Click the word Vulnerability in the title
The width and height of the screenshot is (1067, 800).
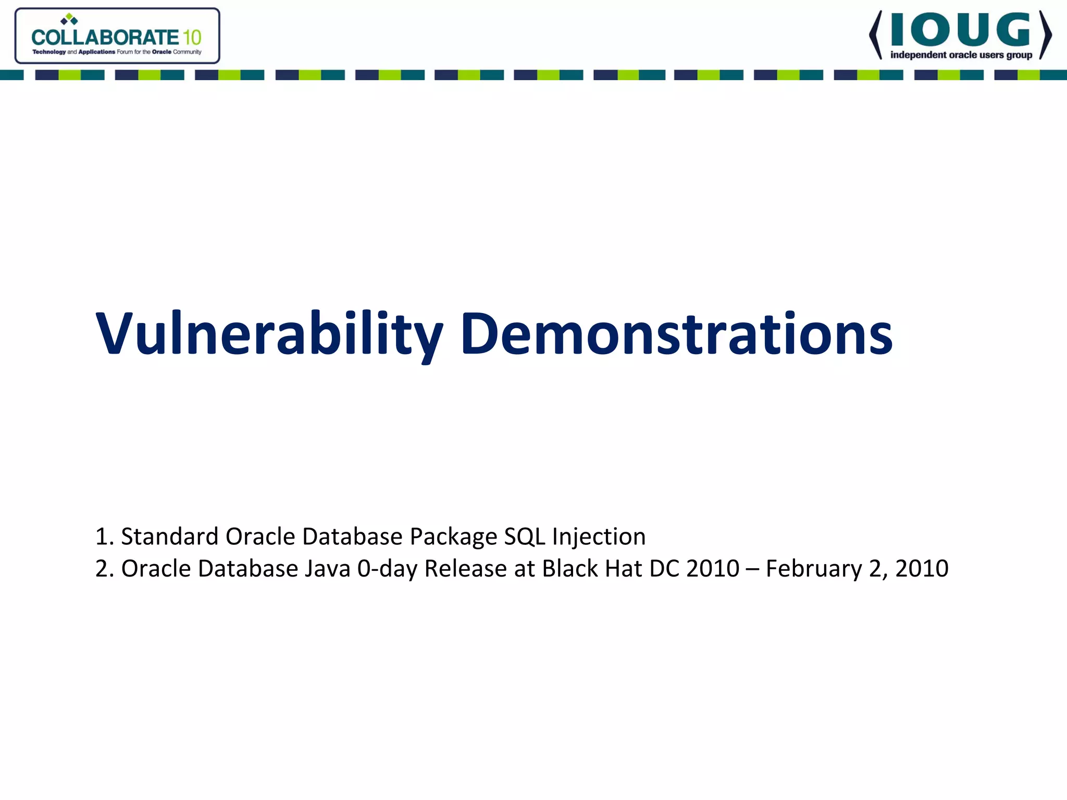point(269,333)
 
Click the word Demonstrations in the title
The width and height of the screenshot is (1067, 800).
point(676,333)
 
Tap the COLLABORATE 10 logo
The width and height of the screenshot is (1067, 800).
point(117,36)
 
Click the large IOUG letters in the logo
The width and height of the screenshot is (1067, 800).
point(960,30)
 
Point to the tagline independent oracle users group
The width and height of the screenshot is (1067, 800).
point(961,55)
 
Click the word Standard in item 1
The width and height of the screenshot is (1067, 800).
point(170,536)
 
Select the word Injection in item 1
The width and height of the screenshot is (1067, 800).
point(599,536)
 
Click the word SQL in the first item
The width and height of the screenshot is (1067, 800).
point(525,536)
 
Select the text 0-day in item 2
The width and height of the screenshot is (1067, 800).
point(387,568)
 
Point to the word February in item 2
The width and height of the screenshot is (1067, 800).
point(814,568)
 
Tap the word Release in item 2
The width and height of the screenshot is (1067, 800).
point(465,568)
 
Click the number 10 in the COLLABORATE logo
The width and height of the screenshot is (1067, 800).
point(192,37)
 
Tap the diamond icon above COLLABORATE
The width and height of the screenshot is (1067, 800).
point(69,19)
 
